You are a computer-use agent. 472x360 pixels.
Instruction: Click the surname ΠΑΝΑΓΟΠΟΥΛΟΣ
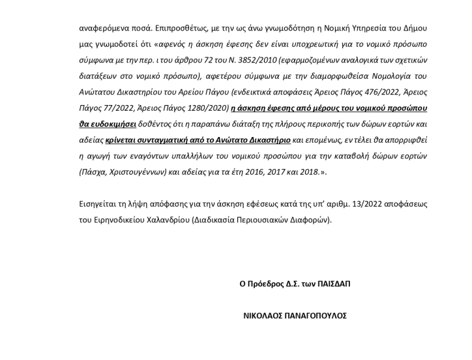click(x=317, y=315)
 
